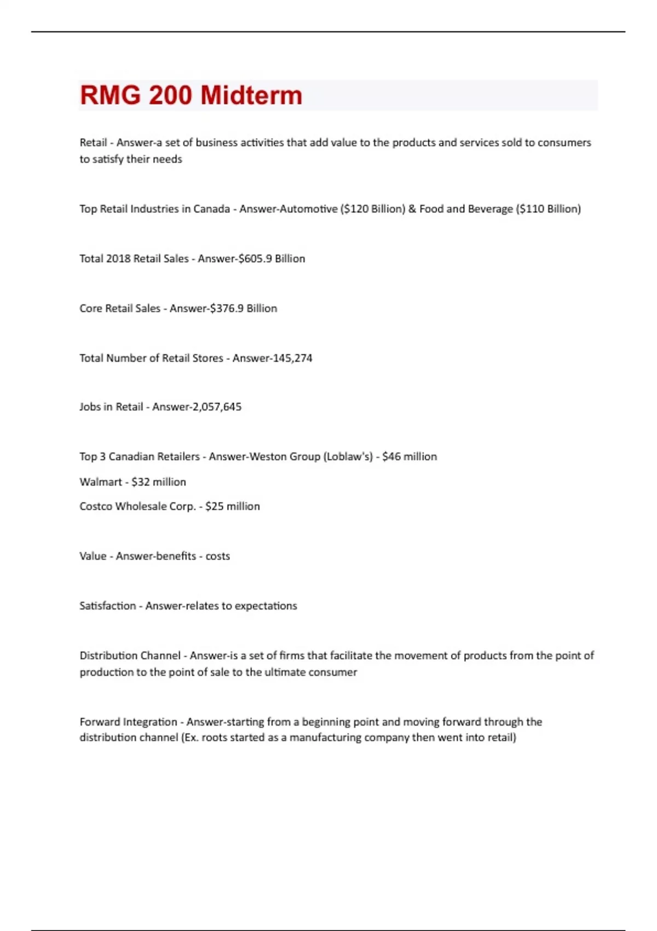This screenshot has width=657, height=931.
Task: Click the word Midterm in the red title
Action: tap(251, 95)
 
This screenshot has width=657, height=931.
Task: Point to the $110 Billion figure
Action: tap(548, 209)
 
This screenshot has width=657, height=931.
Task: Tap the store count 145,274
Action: tap(292, 358)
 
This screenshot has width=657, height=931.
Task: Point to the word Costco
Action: tap(96, 507)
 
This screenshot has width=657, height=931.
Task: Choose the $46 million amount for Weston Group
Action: tap(410, 457)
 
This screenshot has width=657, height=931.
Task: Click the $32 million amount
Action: tap(159, 482)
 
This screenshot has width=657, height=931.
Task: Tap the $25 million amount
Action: tap(233, 507)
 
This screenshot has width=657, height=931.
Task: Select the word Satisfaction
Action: tap(107, 606)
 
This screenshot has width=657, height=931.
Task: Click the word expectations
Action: tap(266, 606)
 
